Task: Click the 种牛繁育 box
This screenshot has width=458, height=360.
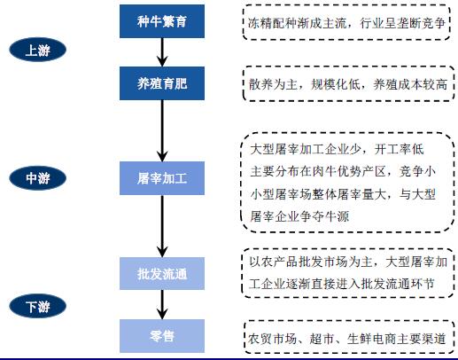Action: coord(162,21)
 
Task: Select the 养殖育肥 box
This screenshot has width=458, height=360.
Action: coord(162,83)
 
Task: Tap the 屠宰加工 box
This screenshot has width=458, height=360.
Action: coord(162,178)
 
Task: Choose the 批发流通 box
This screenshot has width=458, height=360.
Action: coord(162,274)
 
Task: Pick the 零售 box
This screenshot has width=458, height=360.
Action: coord(162,336)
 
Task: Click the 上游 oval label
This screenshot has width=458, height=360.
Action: coord(37,50)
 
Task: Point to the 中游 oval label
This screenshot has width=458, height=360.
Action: coord(37,178)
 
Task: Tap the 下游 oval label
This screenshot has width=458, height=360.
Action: coord(37,306)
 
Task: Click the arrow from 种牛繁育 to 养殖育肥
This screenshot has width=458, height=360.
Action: coord(162,52)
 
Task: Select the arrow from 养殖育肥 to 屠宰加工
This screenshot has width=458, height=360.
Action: coord(162,130)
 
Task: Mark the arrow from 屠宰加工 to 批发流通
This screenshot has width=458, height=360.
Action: coord(162,226)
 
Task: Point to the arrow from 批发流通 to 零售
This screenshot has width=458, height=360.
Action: coord(162,305)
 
